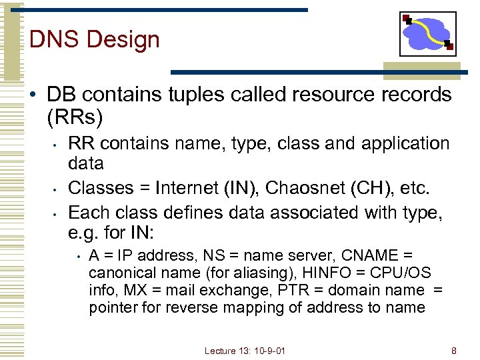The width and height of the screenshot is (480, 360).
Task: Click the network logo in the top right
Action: (427, 34)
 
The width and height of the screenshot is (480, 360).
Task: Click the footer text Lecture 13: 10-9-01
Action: (245, 350)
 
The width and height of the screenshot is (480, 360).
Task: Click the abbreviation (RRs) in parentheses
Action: (75, 118)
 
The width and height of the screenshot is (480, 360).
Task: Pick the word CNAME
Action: (371, 255)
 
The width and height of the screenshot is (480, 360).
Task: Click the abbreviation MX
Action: (165, 290)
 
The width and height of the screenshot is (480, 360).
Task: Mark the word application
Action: (403, 143)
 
